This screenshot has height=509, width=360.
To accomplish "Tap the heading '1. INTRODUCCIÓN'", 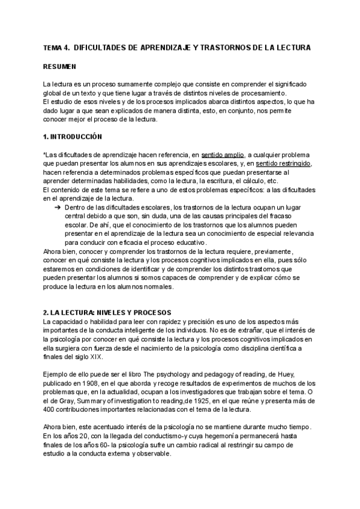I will tap(73, 136).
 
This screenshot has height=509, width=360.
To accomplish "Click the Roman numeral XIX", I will tap(95, 357).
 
